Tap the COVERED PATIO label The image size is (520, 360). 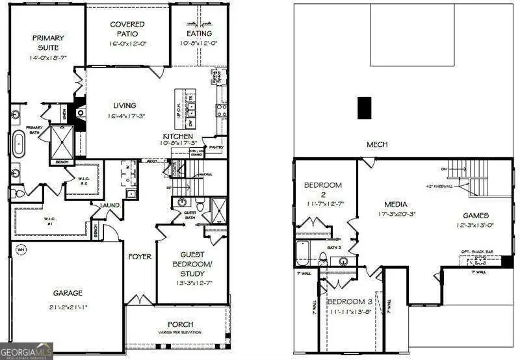coord(127,29)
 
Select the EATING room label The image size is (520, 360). coord(198,34)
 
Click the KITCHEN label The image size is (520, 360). coord(178,137)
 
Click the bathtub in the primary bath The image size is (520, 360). coord(19,144)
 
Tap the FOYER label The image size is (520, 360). coord(139,257)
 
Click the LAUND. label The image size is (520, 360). coord(110,205)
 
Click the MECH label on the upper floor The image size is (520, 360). coord(377,144)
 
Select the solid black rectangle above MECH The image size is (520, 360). coord(365,108)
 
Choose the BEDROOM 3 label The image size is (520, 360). coord(349,302)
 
